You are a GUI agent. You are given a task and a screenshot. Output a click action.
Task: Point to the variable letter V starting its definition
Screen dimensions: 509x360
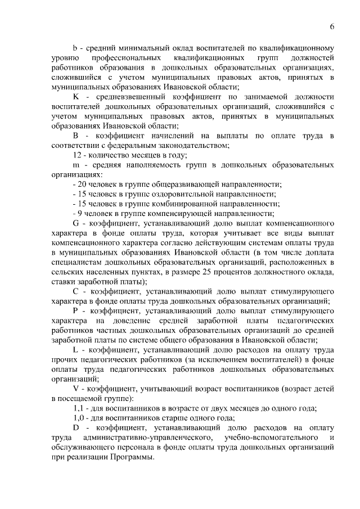(76, 388)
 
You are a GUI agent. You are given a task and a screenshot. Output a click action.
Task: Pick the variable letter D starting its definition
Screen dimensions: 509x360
(77, 427)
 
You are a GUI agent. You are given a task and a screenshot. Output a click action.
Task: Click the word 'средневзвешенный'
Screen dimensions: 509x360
(128, 97)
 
